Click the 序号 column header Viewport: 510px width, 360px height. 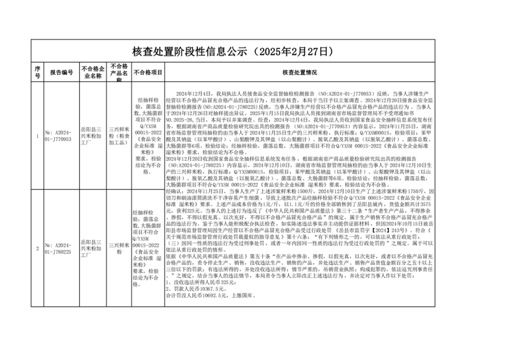(37, 72)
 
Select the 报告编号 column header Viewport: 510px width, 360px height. (62, 72)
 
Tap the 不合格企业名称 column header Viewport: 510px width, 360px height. (93, 72)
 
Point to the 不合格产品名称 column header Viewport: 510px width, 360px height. (119, 72)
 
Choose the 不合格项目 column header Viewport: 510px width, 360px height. (148, 72)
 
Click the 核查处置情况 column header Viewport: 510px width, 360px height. (299, 72)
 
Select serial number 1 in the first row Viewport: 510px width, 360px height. (37, 136)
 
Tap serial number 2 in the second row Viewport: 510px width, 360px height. (37, 248)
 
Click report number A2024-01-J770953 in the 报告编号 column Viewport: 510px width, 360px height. (62, 136)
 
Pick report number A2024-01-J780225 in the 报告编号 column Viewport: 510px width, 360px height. (62, 248)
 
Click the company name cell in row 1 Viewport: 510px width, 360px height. (93, 136)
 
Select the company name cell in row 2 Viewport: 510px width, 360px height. (93, 248)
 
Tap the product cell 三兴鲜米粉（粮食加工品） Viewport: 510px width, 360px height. (119, 136)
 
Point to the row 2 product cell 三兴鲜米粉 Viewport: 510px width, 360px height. (119, 248)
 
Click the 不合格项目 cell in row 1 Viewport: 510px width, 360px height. (148, 136)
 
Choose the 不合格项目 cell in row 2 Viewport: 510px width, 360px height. (148, 248)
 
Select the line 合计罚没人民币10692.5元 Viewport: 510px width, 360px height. (211, 295)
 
